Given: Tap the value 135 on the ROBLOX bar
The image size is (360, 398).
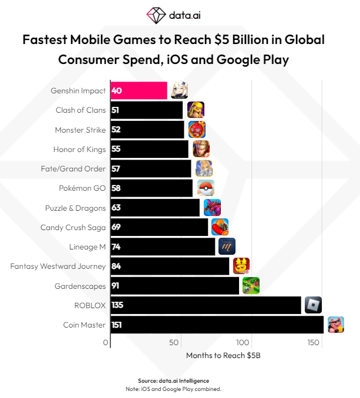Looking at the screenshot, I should tap(117, 305).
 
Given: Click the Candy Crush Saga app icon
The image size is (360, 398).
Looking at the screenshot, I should tap(220, 227).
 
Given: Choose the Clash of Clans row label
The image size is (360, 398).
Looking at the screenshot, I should tap(80, 110).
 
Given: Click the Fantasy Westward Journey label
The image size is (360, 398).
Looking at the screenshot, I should tap(58, 266).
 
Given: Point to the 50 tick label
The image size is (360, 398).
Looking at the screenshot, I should tap(173, 342).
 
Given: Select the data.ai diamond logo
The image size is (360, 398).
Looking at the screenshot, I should tap(156, 14).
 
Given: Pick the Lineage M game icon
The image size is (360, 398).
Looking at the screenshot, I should tap(227, 246).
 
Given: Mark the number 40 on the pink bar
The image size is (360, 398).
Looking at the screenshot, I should tap(116, 91).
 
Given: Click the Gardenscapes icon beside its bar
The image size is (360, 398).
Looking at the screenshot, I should tap(251, 285).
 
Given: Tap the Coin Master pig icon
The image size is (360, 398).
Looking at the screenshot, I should tap(335, 325).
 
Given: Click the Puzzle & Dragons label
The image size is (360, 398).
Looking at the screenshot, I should tap(75, 208).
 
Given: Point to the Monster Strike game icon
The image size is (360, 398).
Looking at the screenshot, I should tap(197, 129).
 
